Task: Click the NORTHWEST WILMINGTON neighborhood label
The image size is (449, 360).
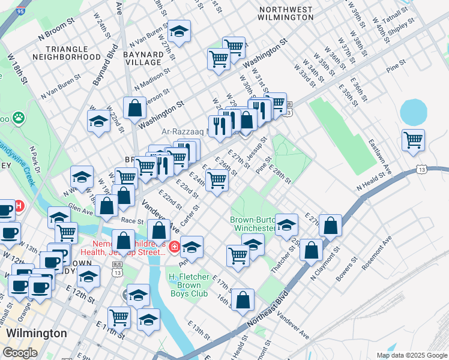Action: tap(286, 13)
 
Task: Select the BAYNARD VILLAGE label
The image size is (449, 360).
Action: tap(142, 58)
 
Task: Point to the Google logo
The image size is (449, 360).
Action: tap(20, 353)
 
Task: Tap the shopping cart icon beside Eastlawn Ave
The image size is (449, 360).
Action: tap(413, 141)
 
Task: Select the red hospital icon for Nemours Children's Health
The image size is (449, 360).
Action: tap(173, 247)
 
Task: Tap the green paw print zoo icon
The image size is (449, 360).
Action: tap(19, 118)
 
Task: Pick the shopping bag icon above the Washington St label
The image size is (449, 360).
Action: tap(135, 108)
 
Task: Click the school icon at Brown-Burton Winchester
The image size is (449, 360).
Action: tap(286, 224)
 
